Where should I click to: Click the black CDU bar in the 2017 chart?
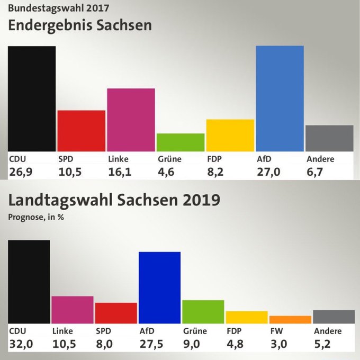(x=32, y=98)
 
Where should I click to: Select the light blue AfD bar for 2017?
(x=280, y=98)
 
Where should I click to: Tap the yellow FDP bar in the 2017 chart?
(x=230, y=135)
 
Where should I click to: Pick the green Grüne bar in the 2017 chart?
(x=181, y=142)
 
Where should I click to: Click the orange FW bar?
(x=290, y=319)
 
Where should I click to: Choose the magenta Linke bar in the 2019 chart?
(x=73, y=310)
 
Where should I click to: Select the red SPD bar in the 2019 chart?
(x=116, y=313)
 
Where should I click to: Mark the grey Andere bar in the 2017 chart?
(x=329, y=138)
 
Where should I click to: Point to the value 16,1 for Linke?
(x=120, y=170)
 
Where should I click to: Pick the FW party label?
(x=277, y=331)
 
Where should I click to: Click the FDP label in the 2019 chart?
(x=234, y=331)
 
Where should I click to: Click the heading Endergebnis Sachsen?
(x=79, y=25)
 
